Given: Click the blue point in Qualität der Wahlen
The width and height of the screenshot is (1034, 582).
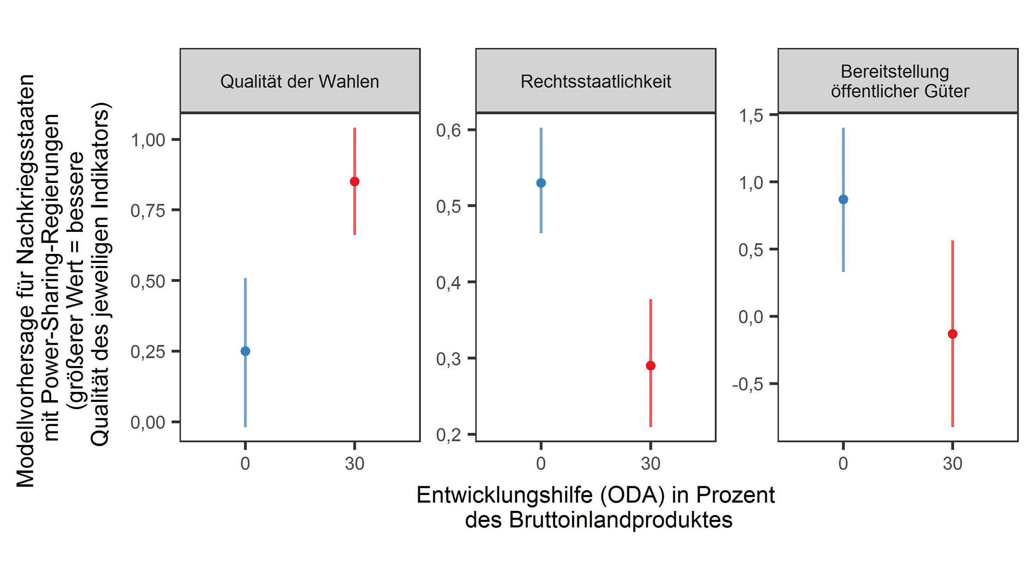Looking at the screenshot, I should pos(245,351).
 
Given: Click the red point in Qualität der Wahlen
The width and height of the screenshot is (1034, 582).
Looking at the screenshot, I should pos(355,181).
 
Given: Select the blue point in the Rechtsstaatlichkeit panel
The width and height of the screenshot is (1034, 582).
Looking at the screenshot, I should pos(541,183).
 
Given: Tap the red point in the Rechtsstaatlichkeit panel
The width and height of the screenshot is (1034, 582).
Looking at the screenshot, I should pos(651,366).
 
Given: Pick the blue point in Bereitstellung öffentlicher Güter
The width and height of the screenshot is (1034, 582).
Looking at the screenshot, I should pos(843,199).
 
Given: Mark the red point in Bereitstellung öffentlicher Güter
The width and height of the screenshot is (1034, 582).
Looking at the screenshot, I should pos(953,334).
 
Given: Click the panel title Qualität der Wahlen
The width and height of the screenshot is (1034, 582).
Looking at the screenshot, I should pos(299,81).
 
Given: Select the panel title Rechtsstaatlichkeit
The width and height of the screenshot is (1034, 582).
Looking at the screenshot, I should pos(595,81).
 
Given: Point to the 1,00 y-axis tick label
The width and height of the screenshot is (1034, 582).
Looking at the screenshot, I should pos(148,140).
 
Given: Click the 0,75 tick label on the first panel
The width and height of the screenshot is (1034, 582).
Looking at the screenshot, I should pos(148,211).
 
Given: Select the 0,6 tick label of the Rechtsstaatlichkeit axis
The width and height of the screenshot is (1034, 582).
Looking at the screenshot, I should pos(448,130).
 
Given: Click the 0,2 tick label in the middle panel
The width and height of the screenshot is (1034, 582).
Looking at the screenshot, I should pos(448,435).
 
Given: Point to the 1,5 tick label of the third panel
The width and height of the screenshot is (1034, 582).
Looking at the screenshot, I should pos(751,116).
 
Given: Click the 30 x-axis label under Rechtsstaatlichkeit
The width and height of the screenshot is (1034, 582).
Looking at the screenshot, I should pos(651,464).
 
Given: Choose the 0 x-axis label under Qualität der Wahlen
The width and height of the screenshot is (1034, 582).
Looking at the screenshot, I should pos(245,464).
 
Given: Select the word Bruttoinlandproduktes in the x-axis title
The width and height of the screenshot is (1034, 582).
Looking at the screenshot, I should pos(620,520).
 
